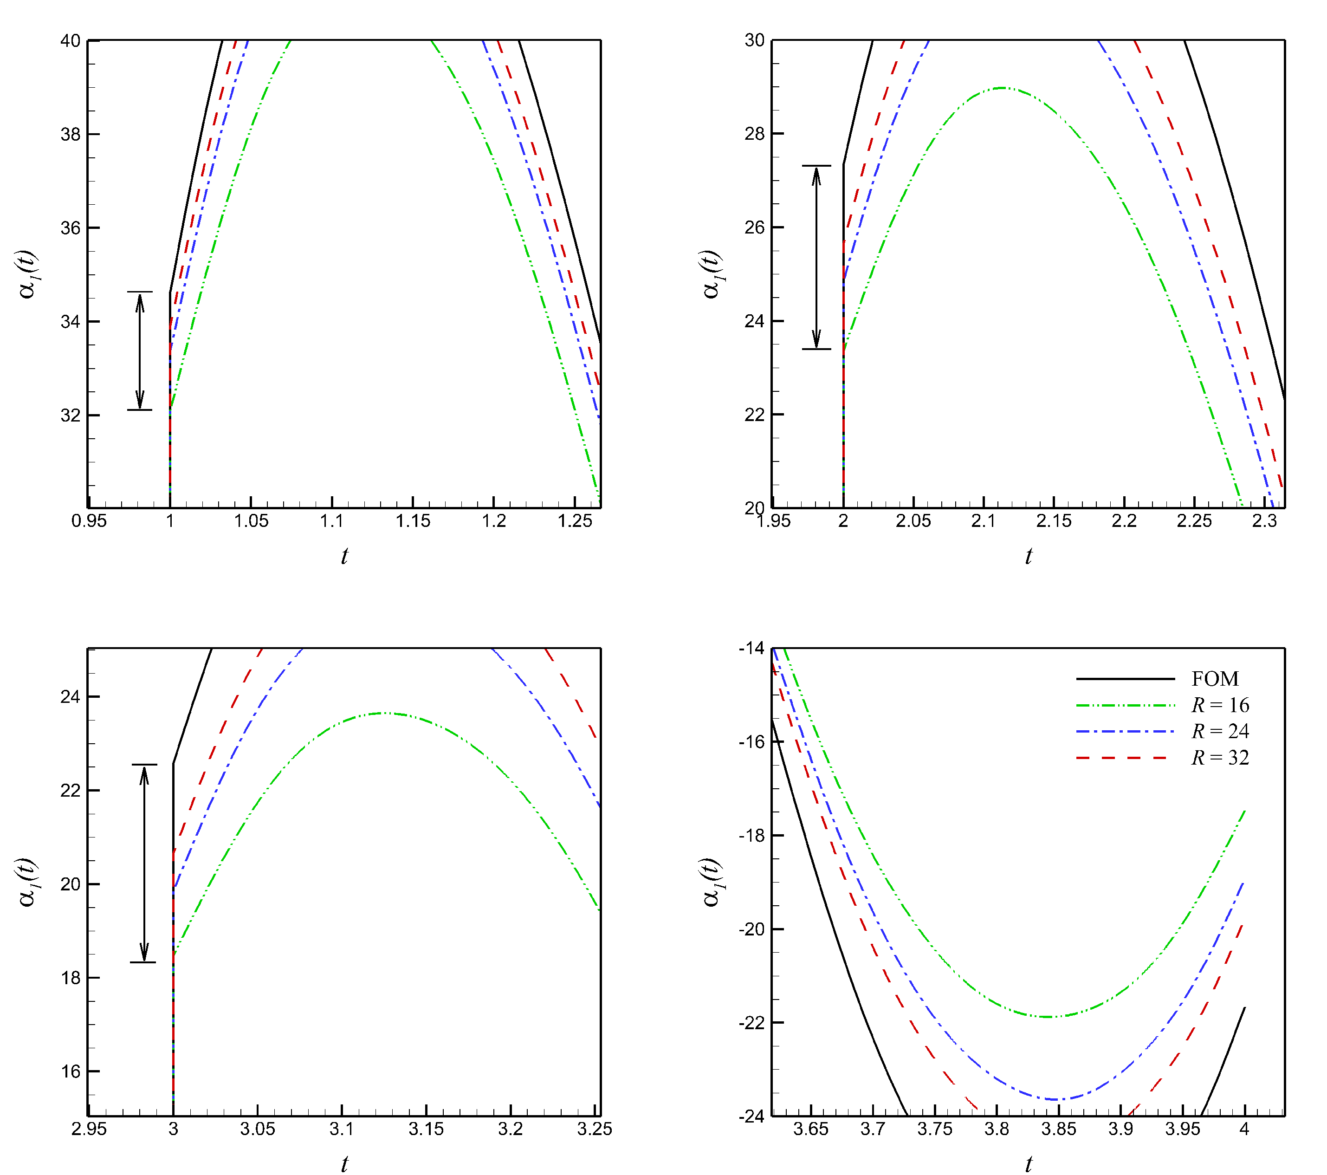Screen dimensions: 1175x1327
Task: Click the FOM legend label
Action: point(1215,679)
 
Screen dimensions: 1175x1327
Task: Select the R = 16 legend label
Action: point(1220,705)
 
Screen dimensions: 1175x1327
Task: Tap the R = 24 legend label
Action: point(1220,732)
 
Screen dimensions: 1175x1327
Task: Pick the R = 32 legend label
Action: point(1220,758)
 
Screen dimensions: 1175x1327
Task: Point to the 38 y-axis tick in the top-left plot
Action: point(71,134)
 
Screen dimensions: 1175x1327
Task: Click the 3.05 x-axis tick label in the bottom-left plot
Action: point(258,1130)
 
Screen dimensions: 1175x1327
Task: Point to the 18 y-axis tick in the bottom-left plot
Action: point(71,978)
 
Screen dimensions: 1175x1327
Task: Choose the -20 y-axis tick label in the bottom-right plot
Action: point(752,929)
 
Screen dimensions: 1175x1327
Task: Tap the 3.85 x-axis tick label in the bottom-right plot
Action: point(1059,1130)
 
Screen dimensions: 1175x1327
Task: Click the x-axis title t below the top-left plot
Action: point(344,556)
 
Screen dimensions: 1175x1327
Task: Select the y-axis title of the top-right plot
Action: point(712,274)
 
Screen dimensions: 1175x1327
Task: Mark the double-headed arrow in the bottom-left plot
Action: point(144,863)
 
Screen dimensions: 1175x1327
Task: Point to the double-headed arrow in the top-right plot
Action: point(816,258)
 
